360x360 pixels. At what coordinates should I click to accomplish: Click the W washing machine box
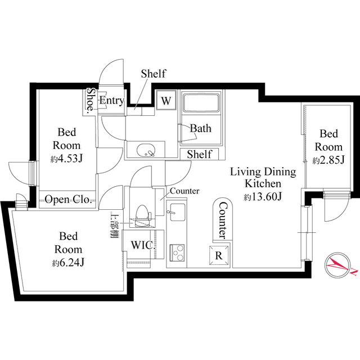pyautogui.click(x=166, y=101)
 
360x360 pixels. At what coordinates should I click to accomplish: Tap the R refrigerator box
pyautogui.click(x=219, y=254)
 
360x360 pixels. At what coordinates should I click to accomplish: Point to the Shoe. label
pyautogui.click(x=91, y=101)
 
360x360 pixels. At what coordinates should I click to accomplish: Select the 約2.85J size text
pyautogui.click(x=328, y=160)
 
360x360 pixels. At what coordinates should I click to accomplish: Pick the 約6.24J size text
pyautogui.click(x=68, y=263)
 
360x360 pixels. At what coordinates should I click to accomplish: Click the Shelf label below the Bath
pyautogui.click(x=199, y=154)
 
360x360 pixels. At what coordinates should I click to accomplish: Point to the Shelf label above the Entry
pyautogui.click(x=153, y=74)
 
